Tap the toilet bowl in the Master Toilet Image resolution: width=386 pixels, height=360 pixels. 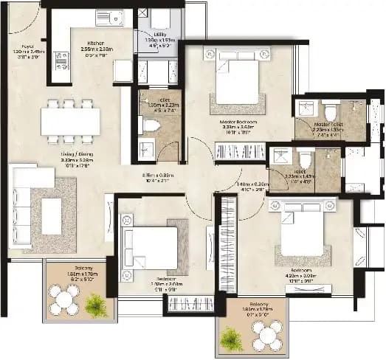pos(330,111)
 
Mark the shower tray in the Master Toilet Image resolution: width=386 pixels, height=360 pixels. pos(304,109)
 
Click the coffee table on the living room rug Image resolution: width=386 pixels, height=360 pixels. pos(52,216)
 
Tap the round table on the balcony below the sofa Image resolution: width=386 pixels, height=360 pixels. pos(64,300)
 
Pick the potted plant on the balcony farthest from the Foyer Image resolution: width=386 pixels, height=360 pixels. pos(233,339)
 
